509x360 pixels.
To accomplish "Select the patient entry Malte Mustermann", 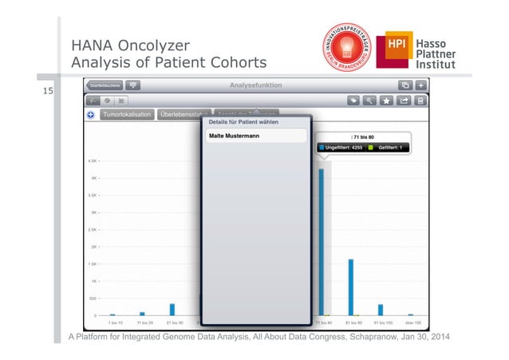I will click(x=254, y=136).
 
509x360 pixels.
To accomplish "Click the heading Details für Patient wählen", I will click(x=244, y=123).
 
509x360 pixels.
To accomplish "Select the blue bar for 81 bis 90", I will click(x=351, y=287).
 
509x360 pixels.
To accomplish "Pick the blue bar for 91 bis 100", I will click(x=381, y=310).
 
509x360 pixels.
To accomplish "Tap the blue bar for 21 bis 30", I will click(x=172, y=310).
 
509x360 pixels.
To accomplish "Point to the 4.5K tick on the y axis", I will click(x=93, y=160).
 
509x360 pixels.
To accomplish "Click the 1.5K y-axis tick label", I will click(x=93, y=264).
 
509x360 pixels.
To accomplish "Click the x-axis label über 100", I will click(x=412, y=323).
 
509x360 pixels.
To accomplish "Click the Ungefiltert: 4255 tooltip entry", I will click(x=341, y=148).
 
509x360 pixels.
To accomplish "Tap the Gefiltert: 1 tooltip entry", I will click(x=387, y=148).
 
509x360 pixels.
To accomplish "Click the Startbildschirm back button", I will click(x=105, y=85).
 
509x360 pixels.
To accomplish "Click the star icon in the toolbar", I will click(x=386, y=101).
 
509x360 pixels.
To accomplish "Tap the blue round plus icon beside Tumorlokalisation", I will click(x=91, y=115).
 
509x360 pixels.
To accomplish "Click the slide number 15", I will click(x=49, y=92).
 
